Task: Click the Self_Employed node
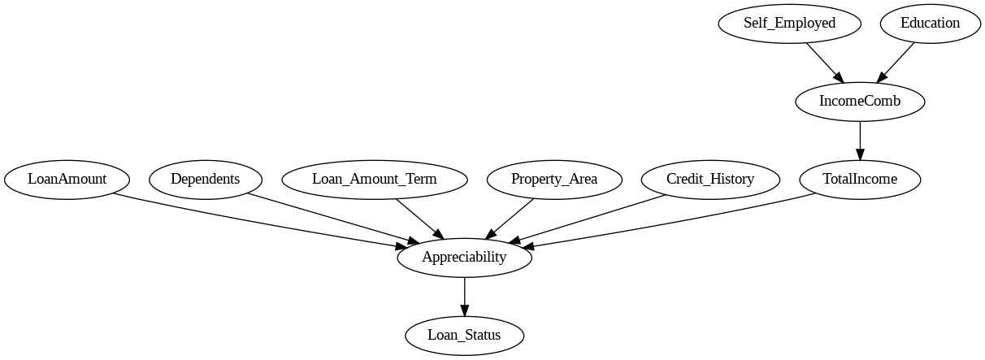(x=789, y=23)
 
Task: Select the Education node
(x=930, y=23)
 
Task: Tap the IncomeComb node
(x=860, y=101)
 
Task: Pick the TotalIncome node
(x=860, y=179)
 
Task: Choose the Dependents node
(x=205, y=179)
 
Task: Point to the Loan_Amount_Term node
(x=374, y=179)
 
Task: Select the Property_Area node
(x=554, y=179)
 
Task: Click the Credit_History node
(x=709, y=179)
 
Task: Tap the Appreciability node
(x=464, y=258)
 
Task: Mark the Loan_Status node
(x=464, y=335)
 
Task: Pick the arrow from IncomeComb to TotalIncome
(x=860, y=140)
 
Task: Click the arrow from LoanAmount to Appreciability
(x=260, y=218)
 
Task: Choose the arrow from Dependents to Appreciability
(x=333, y=217)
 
